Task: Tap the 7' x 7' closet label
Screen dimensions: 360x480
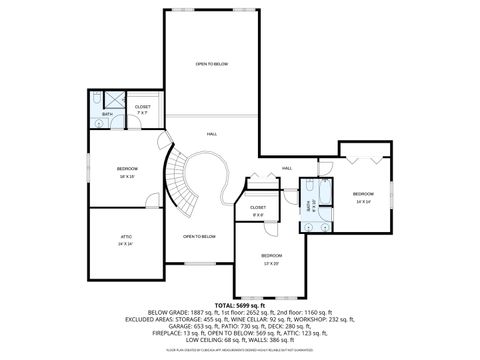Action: [x=143, y=109]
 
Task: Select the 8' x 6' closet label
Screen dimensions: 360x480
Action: [x=258, y=212]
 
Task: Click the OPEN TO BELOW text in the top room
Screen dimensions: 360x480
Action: [x=212, y=63]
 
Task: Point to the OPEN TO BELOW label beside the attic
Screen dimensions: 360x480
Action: [x=199, y=236]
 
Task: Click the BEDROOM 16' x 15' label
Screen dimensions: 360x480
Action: [x=126, y=172]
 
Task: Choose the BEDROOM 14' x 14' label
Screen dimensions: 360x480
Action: [x=363, y=197]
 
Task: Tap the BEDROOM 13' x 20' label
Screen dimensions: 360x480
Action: [x=270, y=258]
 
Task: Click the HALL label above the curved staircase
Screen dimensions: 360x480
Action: [x=212, y=133]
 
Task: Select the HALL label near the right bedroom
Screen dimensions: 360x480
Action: [x=287, y=167]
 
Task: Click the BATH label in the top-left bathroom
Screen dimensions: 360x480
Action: [x=107, y=114]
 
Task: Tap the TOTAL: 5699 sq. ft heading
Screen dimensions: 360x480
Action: [x=240, y=304]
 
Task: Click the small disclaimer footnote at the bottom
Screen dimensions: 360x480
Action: [x=240, y=351]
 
